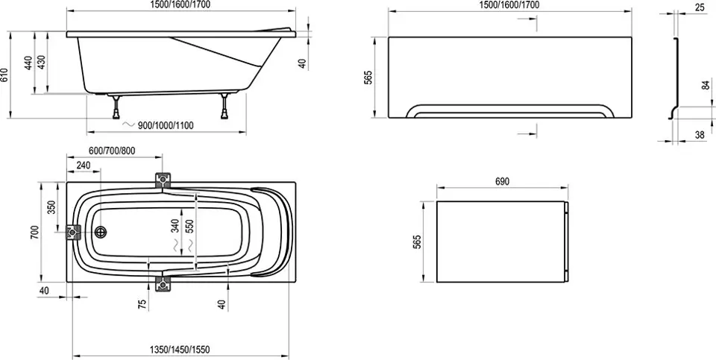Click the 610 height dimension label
[x=4, y=75]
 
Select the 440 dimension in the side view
[x=29, y=63]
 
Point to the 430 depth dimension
[x=42, y=63]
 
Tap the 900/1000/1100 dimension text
[x=166, y=125]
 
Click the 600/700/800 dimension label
[x=112, y=151]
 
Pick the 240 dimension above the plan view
[x=83, y=165]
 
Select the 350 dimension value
[x=51, y=207]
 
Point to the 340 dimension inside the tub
[x=175, y=226]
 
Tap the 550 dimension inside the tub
[x=190, y=226]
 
